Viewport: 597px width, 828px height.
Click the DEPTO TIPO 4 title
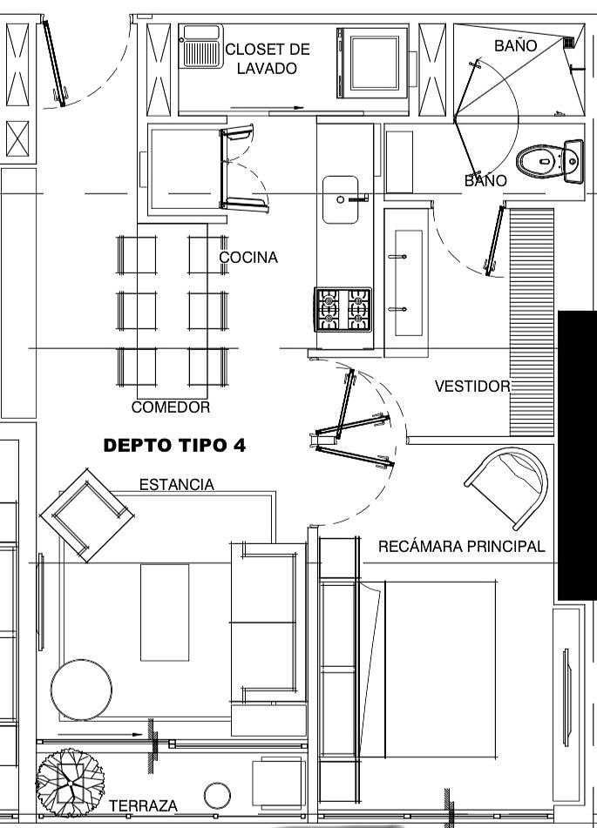click(x=174, y=445)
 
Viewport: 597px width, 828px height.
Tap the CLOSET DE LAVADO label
click(x=268, y=58)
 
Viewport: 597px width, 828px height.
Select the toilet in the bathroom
click(x=549, y=160)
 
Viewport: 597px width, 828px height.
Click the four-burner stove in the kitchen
click(x=343, y=309)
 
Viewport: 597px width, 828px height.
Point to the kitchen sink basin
click(x=341, y=199)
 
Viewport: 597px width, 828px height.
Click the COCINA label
click(x=248, y=257)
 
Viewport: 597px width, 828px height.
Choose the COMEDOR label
click(x=170, y=407)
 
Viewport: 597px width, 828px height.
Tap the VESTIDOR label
click(x=472, y=386)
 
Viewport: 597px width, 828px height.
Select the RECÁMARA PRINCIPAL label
click(x=462, y=546)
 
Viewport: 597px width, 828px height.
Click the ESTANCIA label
click(x=177, y=484)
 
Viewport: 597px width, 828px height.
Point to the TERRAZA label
click(x=143, y=806)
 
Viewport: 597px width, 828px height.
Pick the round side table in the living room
click(x=81, y=689)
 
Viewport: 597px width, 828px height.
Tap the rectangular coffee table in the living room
click(x=165, y=612)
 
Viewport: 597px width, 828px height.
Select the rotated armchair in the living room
click(x=86, y=515)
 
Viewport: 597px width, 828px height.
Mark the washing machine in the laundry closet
click(x=372, y=63)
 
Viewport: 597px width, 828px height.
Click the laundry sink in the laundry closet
click(x=201, y=46)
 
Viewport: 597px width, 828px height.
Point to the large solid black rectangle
click(x=578, y=455)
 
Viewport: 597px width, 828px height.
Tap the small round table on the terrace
click(x=217, y=796)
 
